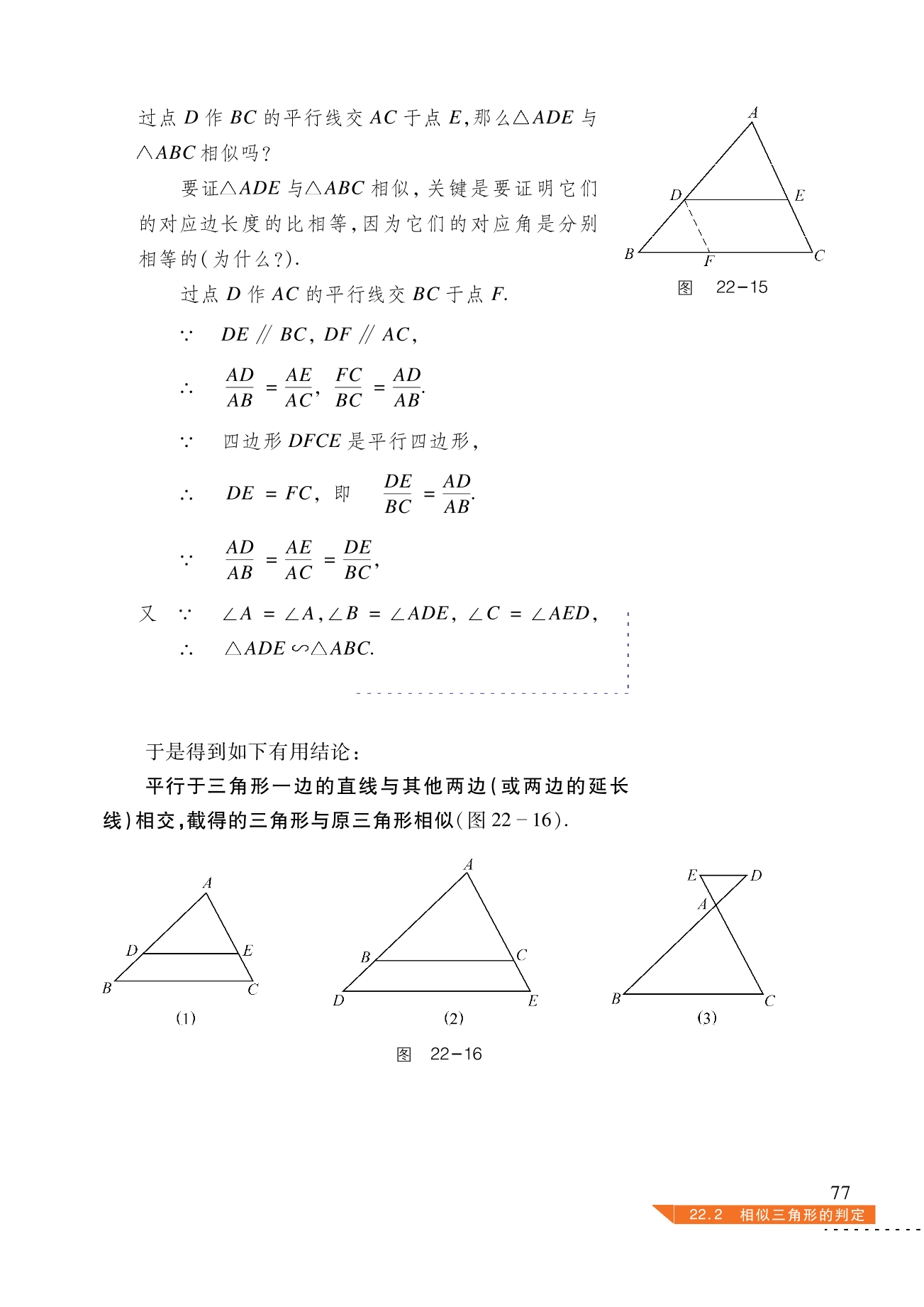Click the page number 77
click(x=840, y=1192)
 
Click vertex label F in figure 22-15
click(x=709, y=262)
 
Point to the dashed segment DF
click(x=697, y=226)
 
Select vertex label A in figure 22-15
click(x=753, y=113)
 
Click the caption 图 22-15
click(x=723, y=287)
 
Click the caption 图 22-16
click(x=439, y=1054)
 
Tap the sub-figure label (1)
click(x=186, y=1018)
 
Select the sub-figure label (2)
click(x=454, y=1018)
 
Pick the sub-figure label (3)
click(x=707, y=1018)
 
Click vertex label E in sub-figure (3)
click(x=692, y=876)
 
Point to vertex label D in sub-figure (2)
click(x=339, y=1000)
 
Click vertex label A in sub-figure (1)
click(x=207, y=883)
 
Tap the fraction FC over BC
click(x=349, y=387)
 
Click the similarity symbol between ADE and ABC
click(x=299, y=649)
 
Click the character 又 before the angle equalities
click(x=147, y=613)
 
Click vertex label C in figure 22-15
click(x=820, y=255)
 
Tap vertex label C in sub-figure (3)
click(x=770, y=1001)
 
